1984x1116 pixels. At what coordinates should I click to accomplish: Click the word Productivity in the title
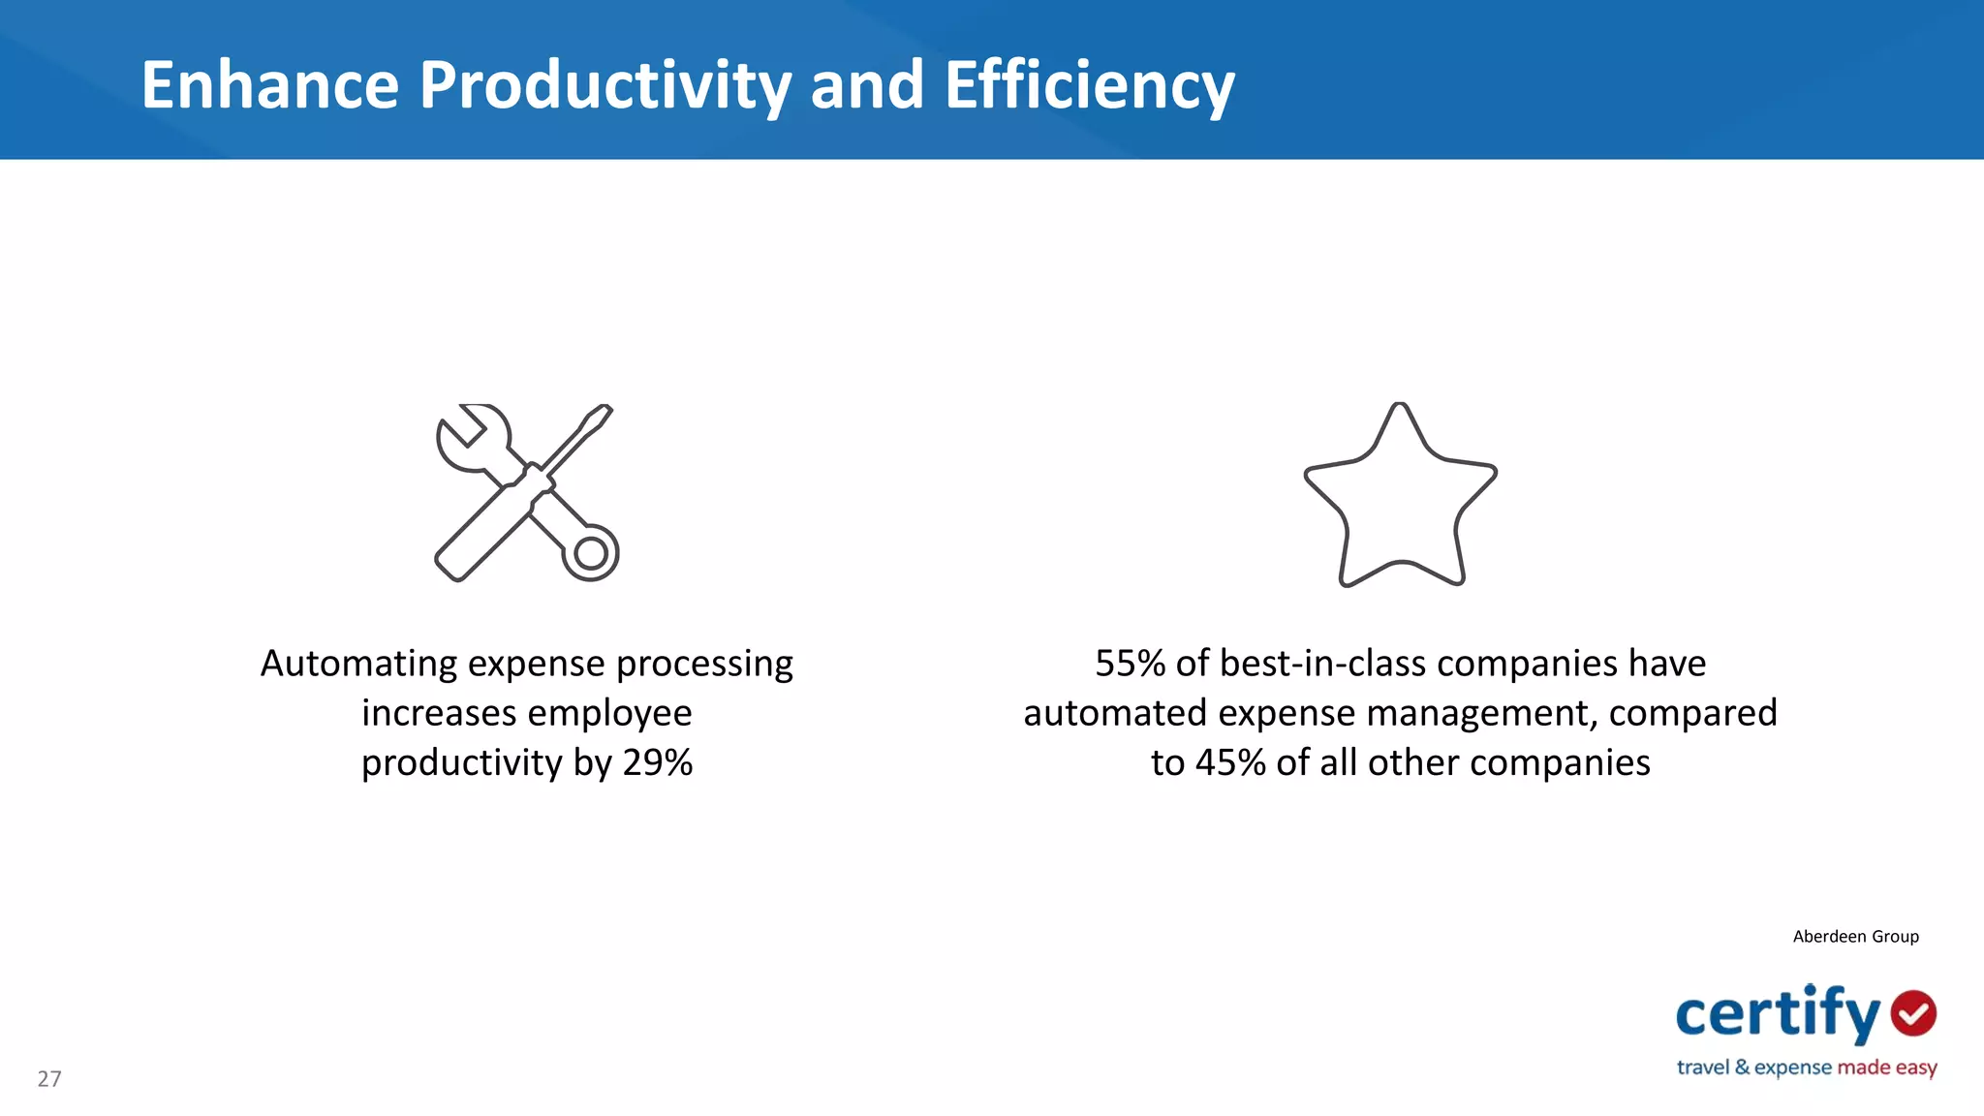coord(605,85)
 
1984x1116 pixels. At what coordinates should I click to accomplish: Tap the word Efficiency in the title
coord(1089,85)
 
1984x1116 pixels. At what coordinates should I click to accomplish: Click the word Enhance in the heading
coord(270,85)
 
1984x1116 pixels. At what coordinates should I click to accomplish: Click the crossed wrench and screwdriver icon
coord(526,492)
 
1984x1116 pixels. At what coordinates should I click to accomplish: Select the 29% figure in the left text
coord(657,762)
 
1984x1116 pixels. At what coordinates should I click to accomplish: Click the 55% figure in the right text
coord(1130,664)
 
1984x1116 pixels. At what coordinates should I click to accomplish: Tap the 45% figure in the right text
coord(1230,762)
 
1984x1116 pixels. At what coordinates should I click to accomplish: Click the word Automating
coord(358,664)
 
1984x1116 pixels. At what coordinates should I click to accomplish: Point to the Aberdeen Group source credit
coord(1855,936)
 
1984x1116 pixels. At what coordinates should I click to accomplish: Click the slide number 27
coord(49,1078)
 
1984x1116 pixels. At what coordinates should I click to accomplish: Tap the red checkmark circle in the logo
coord(1913,1013)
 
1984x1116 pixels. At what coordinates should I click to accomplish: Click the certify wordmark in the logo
coord(1778,1014)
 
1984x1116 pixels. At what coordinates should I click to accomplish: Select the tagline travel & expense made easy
coord(1807,1068)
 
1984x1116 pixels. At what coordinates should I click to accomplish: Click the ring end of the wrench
coord(591,553)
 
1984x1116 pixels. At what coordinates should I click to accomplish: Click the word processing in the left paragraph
coord(704,664)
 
